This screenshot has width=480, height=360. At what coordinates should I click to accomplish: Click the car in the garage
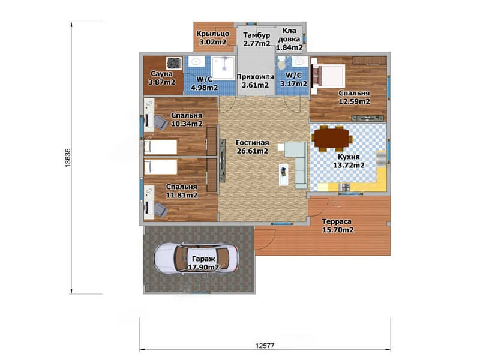197,258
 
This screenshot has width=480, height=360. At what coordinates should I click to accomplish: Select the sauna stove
174,64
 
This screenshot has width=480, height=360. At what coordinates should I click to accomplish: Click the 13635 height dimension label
68,158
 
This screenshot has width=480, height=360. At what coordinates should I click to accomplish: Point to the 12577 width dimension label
265,346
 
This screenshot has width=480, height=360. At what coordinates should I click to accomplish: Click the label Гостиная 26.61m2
253,146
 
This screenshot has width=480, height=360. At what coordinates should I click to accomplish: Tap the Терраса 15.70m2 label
337,226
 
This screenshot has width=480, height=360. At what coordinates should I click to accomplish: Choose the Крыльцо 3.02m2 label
213,38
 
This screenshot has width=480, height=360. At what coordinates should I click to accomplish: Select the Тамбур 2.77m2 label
257,39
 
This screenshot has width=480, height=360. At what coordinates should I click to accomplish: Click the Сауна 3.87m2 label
161,78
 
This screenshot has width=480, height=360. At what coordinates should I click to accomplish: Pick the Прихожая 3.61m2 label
255,81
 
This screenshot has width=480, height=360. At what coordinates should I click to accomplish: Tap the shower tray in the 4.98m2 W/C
223,67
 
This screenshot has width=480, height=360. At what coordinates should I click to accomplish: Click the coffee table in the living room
283,175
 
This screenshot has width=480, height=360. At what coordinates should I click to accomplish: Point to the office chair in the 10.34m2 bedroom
160,122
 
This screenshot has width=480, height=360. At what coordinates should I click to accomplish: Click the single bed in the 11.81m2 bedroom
161,167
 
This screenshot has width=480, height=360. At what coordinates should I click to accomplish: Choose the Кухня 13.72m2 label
349,161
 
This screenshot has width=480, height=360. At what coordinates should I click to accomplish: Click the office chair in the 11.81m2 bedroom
160,210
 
